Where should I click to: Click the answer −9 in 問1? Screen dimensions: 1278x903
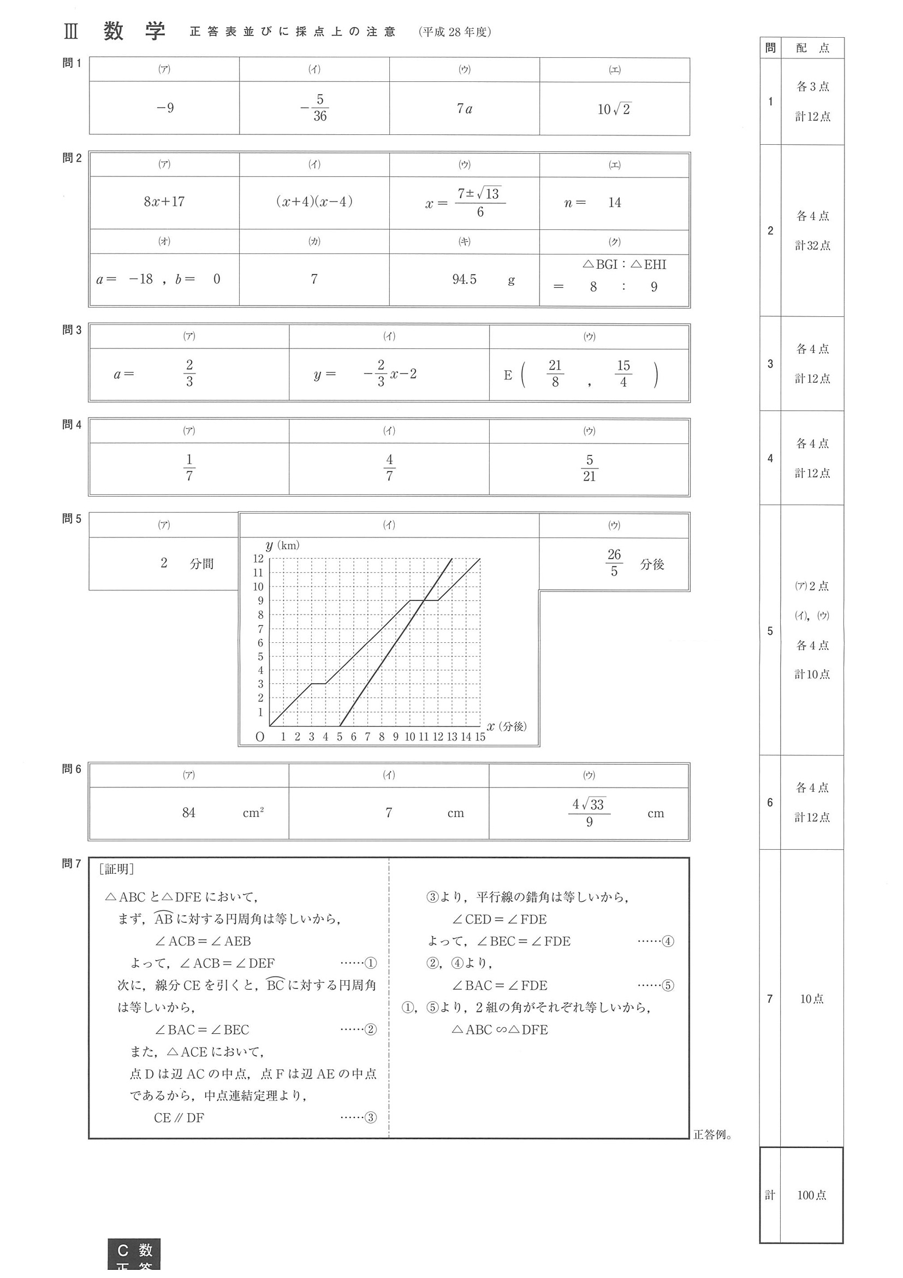pyautogui.click(x=165, y=108)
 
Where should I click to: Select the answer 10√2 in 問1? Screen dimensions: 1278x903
pyautogui.click(x=614, y=109)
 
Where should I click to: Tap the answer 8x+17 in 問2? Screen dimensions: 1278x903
pyautogui.click(x=164, y=202)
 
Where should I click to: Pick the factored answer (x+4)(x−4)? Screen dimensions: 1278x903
pyautogui.click(x=314, y=202)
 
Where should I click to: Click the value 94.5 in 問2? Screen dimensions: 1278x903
pyautogui.click(x=464, y=280)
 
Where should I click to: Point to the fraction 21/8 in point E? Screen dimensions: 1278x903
pyautogui.click(x=555, y=374)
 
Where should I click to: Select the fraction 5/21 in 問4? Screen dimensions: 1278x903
pyautogui.click(x=589, y=468)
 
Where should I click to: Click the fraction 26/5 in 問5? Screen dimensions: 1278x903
pyautogui.click(x=614, y=563)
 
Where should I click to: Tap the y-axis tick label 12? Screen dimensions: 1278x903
pyautogui.click(x=258, y=558)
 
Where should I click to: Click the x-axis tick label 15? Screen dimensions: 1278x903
pyautogui.click(x=479, y=737)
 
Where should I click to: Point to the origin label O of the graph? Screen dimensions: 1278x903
pyautogui.click(x=260, y=737)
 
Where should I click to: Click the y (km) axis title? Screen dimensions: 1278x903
pyautogui.click(x=282, y=546)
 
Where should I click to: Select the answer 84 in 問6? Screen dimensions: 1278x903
pyautogui.click(x=188, y=813)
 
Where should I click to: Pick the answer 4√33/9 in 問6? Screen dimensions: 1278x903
pyautogui.click(x=589, y=813)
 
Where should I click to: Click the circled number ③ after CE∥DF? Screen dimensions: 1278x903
pyautogui.click(x=371, y=1117)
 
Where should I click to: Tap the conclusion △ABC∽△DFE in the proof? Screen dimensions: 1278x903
pyautogui.click(x=500, y=1029)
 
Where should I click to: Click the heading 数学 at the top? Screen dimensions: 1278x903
pyautogui.click(x=134, y=32)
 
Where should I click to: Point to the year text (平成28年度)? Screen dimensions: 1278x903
pyautogui.click(x=455, y=32)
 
